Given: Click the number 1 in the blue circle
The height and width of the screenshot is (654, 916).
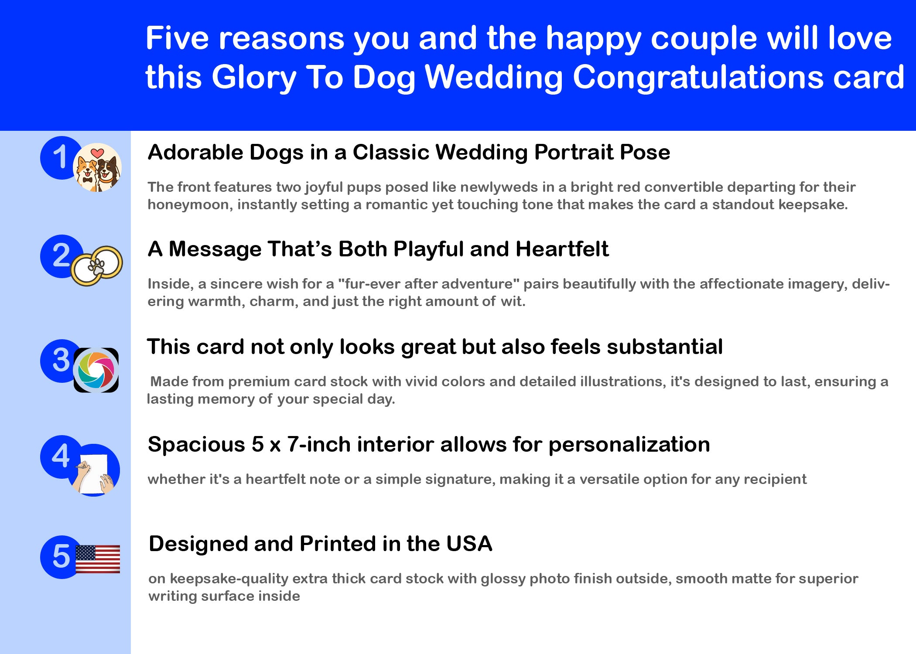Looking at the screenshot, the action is click(x=60, y=157).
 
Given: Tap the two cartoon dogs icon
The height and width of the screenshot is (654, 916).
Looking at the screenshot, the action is click(x=97, y=167).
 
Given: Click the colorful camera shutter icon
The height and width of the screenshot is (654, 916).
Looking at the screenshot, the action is click(x=96, y=370).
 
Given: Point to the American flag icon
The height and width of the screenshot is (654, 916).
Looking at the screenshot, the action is click(x=98, y=559).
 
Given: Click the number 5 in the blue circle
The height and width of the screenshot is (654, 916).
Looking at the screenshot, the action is click(x=61, y=556).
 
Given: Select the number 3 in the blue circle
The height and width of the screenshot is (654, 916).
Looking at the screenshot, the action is click(x=61, y=360).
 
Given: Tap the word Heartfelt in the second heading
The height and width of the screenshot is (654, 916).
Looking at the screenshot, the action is click(x=562, y=249).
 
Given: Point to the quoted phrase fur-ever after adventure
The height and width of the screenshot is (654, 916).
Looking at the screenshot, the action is click(x=429, y=284).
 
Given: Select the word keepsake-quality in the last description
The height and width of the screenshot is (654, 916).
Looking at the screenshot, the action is click(x=229, y=579).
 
